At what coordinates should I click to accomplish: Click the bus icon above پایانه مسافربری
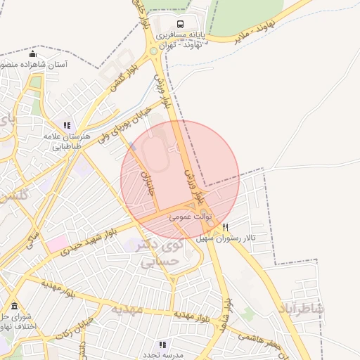coord(182,23)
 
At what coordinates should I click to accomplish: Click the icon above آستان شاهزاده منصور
coord(32,54)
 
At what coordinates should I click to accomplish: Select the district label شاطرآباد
coord(301,309)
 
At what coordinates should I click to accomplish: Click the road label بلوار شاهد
coord(227,314)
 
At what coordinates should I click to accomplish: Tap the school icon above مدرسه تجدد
coord(163,345)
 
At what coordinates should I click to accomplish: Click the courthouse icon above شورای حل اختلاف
coord(15,307)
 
